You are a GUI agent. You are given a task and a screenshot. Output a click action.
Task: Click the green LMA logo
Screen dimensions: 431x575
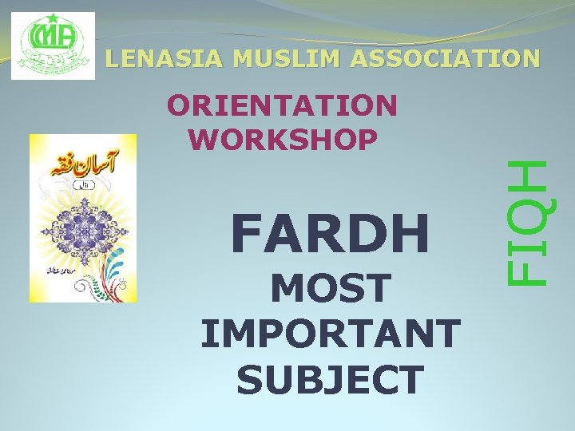pos(53,46)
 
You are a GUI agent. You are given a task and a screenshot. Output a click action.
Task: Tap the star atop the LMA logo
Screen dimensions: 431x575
pos(53,18)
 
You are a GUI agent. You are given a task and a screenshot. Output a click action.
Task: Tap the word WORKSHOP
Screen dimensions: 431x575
pos(284,139)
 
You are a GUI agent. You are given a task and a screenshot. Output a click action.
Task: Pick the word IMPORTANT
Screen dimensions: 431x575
pos(330,334)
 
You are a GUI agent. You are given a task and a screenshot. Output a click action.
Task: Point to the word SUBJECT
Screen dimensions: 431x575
pos(330,379)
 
